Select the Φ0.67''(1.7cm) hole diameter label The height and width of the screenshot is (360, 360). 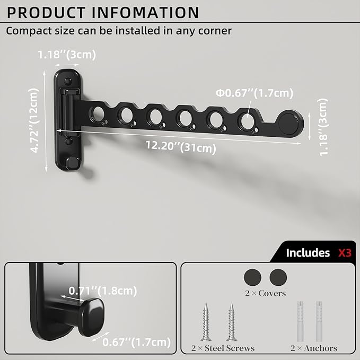tap(254, 94)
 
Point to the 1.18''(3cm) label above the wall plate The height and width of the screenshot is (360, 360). tap(67, 54)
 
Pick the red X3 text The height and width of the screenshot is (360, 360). tap(345, 253)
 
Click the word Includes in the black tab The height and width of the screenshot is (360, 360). tap(308, 253)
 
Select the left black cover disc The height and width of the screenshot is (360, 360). tap(252, 277)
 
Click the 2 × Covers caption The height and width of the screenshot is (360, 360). tap(265, 293)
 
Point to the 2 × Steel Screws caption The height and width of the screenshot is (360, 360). tap(223, 348)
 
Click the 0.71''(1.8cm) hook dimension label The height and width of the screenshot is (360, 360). tap(102, 290)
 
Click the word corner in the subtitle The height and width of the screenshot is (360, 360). tap(212, 31)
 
